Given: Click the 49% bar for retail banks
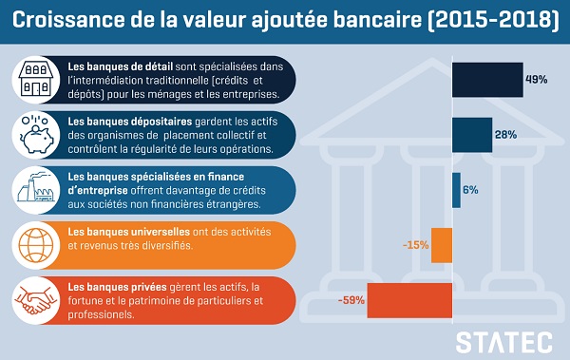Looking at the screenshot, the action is [488, 80].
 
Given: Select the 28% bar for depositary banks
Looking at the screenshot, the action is [472, 135].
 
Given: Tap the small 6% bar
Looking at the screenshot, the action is [457, 190].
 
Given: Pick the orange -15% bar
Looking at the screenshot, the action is [442, 245].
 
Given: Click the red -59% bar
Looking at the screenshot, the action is [409, 301].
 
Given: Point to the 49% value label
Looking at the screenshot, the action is [537, 79].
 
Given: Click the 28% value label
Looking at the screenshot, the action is [505, 135].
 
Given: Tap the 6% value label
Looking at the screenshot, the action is [470, 190].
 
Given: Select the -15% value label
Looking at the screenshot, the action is [416, 245].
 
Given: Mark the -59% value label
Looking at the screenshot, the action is [351, 300].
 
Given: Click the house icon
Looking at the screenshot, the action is [36, 79].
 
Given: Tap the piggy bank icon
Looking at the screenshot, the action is [36, 135].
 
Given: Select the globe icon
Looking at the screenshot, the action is [36, 245].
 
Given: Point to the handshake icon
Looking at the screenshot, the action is [36, 301].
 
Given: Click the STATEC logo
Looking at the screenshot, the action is [503, 343].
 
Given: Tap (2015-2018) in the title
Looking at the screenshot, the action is [493, 21].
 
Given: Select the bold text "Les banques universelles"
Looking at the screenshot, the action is [128, 232].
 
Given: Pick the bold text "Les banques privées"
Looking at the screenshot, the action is [117, 287].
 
